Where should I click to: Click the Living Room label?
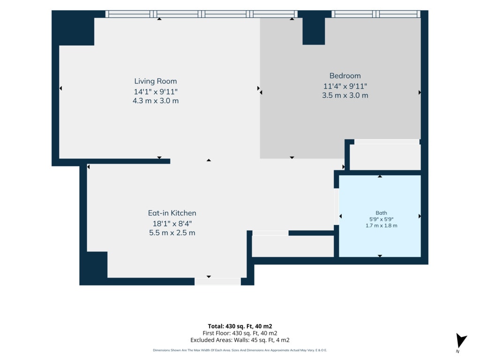[x=156, y=81]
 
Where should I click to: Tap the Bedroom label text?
[x=345, y=75]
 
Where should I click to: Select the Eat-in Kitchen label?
[x=172, y=213]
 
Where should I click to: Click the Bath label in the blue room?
[x=381, y=213]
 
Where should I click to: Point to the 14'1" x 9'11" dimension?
[x=156, y=91]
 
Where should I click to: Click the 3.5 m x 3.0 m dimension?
[x=345, y=95]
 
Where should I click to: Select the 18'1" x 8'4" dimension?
[x=172, y=224]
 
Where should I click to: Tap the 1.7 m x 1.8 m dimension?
[x=381, y=225]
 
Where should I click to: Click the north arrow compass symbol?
[x=461, y=341]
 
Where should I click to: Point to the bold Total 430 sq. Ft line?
[x=240, y=326]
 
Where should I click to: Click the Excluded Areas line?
[x=240, y=340]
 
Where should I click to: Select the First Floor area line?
[x=240, y=333]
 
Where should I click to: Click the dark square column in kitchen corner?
[x=97, y=265]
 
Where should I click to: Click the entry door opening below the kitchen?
[x=217, y=282]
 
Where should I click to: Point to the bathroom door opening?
[x=336, y=207]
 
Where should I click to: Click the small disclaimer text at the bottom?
[x=240, y=350]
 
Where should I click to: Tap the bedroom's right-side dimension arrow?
[x=420, y=92]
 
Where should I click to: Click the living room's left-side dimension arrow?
[x=60, y=88]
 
